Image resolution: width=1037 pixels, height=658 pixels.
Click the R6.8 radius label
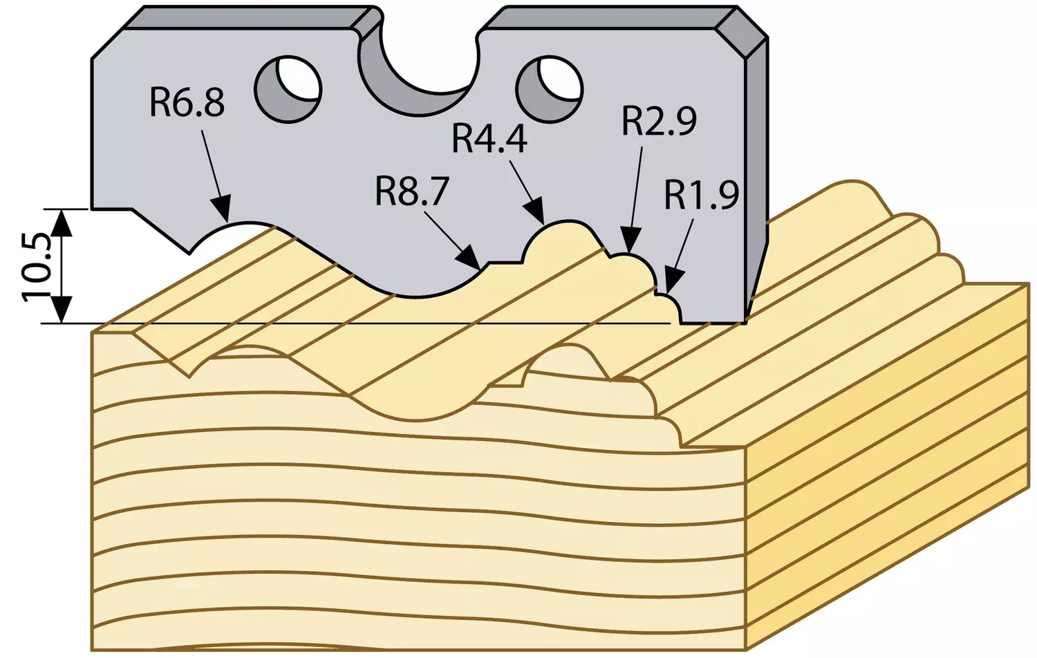pos(187,104)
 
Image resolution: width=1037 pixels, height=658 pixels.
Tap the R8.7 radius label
pos(412,193)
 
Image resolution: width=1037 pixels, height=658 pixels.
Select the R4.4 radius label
pos(489,140)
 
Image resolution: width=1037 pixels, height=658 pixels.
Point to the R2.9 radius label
pos(660,122)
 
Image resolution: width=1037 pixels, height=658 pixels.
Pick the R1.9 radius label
pos(702,196)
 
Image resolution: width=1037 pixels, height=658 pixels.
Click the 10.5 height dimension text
pos(36,267)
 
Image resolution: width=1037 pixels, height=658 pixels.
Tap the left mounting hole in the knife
pos(290,89)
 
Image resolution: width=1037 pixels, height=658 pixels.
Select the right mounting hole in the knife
pos(550,89)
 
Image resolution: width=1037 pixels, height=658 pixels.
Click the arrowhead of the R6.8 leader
pos(221,209)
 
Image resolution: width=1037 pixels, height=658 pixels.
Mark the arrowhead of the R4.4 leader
pos(536,212)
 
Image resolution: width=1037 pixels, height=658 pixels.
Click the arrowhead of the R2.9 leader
pos(630,241)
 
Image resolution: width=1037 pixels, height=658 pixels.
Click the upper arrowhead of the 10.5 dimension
pos(62,224)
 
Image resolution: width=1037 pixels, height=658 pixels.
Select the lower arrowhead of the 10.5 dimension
pos(62,309)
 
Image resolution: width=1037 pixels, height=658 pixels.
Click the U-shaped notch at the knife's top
pos(418,69)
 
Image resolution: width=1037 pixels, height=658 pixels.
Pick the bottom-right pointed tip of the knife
pos(746,322)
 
